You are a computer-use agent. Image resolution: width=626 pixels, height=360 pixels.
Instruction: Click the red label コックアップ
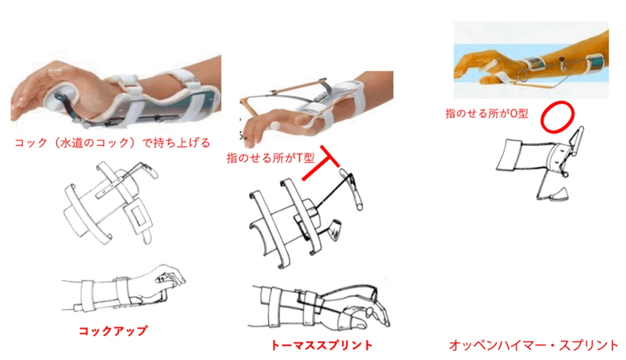tap(113, 331)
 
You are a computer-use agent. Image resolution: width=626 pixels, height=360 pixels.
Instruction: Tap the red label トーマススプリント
tap(322, 345)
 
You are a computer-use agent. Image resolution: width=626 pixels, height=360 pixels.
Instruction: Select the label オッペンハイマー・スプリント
tap(534, 345)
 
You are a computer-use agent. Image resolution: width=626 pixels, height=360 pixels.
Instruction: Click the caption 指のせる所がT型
tap(271, 158)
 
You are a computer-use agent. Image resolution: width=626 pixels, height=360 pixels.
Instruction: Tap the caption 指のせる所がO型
tap(487, 114)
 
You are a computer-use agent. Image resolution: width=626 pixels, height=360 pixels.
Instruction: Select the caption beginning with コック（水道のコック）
tap(112, 143)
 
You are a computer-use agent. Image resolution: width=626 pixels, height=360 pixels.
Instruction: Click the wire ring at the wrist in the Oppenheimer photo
tap(522, 73)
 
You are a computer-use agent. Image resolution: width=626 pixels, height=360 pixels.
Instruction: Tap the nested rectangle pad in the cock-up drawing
tap(139, 217)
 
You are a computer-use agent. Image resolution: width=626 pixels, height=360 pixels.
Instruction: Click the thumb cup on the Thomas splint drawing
tap(335, 230)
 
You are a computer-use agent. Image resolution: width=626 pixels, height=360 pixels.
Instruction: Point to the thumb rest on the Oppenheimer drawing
tap(558, 195)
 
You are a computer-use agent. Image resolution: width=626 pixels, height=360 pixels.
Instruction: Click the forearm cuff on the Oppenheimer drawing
tap(509, 155)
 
